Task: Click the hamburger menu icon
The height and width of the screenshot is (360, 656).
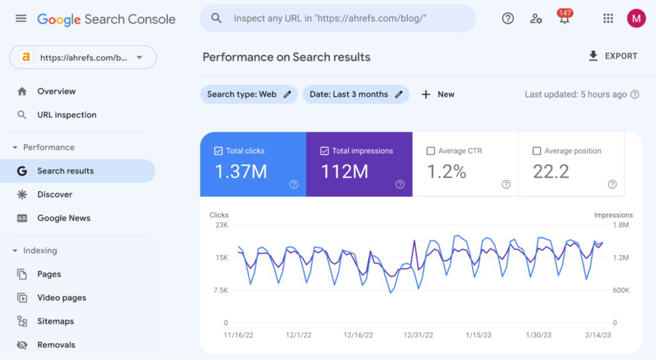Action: coord(21,19)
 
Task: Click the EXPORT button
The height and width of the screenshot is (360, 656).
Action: coord(612,56)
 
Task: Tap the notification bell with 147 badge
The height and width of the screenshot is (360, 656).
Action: coord(564,19)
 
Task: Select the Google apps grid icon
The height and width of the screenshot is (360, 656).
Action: coord(608,19)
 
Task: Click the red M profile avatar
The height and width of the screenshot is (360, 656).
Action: coord(636,19)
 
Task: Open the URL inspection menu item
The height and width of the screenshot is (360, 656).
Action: coord(67,115)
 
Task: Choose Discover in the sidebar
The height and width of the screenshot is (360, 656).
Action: coord(54,195)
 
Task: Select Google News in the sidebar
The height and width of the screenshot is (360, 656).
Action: coord(63,218)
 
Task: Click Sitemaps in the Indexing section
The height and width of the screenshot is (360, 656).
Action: coord(55,322)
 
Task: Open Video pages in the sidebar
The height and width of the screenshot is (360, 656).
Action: coord(61,298)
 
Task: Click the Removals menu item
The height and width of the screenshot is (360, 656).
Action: coord(56,345)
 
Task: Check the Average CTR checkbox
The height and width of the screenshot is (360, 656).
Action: coord(431,151)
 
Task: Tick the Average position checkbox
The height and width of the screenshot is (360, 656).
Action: coord(537,151)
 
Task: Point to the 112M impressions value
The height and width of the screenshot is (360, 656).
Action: coord(344,172)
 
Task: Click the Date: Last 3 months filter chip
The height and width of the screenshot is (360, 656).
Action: coord(356,94)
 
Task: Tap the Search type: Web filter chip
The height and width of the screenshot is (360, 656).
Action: coord(249,94)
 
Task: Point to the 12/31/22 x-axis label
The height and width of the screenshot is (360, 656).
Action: coord(418,335)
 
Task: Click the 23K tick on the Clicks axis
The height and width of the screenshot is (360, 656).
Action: coord(221,225)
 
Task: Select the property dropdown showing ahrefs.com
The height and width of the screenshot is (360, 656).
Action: coord(83,57)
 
